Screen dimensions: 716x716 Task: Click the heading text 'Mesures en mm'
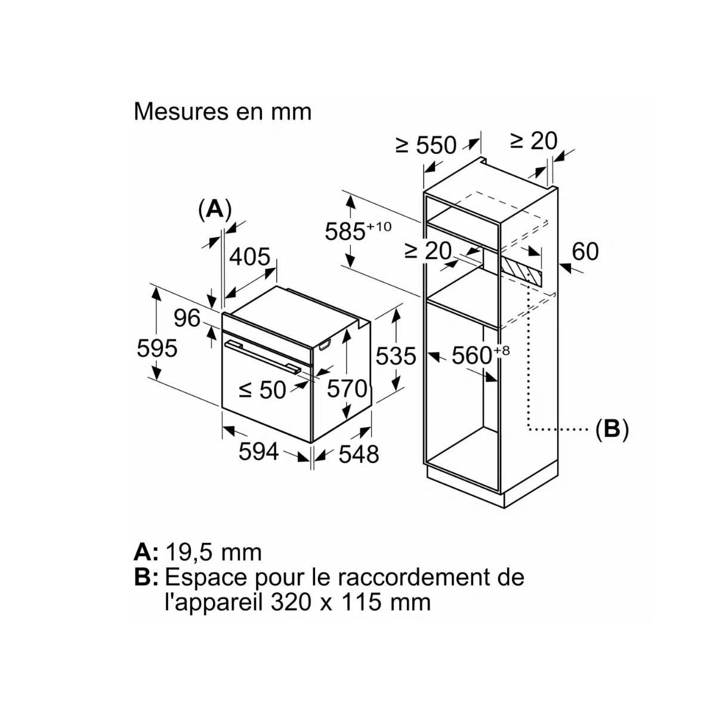pyautogui.click(x=223, y=112)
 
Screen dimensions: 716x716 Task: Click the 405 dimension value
pyautogui.click(x=250, y=257)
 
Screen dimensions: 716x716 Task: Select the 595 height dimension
pyautogui.click(x=157, y=347)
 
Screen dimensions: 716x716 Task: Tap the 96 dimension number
pyautogui.click(x=187, y=318)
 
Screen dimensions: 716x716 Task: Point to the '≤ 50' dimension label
pyautogui.click(x=263, y=390)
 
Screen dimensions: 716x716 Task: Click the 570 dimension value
pyautogui.click(x=347, y=389)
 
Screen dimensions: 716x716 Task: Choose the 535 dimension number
pyautogui.click(x=396, y=356)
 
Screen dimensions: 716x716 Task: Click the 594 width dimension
pyautogui.click(x=258, y=452)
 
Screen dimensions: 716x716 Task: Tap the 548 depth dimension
pyautogui.click(x=359, y=454)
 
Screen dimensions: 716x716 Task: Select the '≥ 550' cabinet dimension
pyautogui.click(x=426, y=144)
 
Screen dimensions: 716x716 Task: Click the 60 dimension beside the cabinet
pyautogui.click(x=585, y=252)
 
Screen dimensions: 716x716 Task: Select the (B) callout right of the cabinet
pyautogui.click(x=612, y=429)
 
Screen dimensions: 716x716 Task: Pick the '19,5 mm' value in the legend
pyautogui.click(x=213, y=552)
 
